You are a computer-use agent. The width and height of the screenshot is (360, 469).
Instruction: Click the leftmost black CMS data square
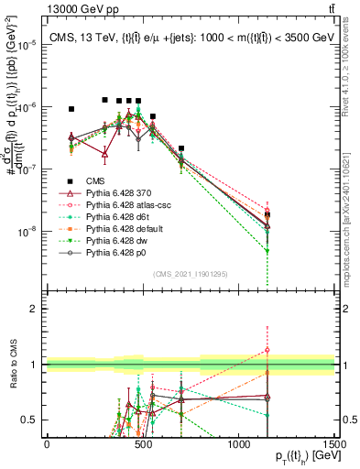(71, 109)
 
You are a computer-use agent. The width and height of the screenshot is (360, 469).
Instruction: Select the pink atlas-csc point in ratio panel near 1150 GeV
(267, 349)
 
